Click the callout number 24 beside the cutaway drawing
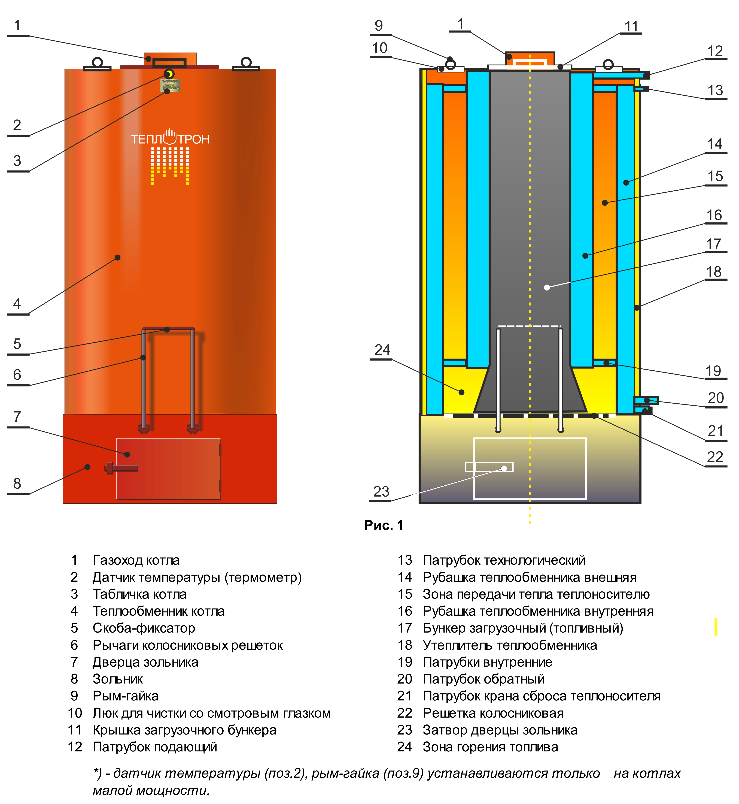(x=382, y=350)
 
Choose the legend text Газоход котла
(x=136, y=560)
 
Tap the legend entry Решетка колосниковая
(x=493, y=713)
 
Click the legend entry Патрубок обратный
(x=484, y=679)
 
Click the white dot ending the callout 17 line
(x=547, y=287)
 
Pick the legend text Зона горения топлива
(x=490, y=747)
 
